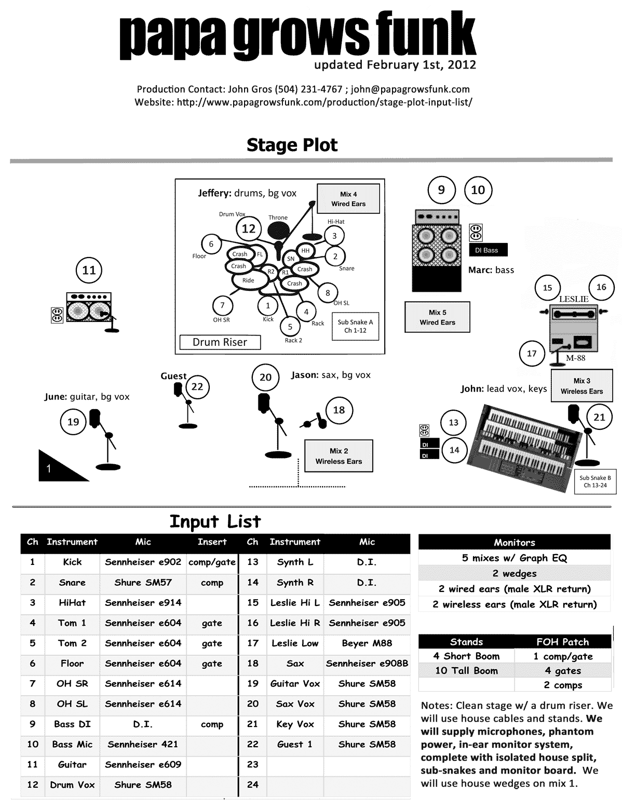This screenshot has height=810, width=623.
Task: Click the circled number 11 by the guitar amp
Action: click(x=89, y=271)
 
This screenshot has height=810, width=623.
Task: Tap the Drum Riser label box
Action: click(x=220, y=342)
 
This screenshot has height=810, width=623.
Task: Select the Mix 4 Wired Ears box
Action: click(x=348, y=199)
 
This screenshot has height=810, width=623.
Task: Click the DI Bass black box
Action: click(x=486, y=250)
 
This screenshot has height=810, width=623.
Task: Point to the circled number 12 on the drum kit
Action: click(x=249, y=228)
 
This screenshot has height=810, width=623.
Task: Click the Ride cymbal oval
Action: click(x=248, y=280)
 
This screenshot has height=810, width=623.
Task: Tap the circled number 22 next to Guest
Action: click(x=197, y=387)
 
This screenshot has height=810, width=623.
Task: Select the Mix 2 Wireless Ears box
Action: click(x=338, y=456)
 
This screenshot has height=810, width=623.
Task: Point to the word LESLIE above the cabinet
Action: click(x=574, y=299)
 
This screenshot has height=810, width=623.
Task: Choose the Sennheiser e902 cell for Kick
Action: click(x=143, y=562)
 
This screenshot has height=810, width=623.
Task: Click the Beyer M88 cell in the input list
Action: click(x=367, y=643)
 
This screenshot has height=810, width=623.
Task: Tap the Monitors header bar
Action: click(x=514, y=543)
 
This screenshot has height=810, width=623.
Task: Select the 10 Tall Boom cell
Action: click(x=466, y=670)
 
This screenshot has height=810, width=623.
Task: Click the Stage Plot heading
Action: click(x=292, y=145)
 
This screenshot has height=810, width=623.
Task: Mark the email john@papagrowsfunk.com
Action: click(x=410, y=89)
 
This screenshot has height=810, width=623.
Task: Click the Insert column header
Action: click(x=212, y=542)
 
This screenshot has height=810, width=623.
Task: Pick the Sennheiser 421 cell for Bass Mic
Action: click(x=143, y=744)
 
